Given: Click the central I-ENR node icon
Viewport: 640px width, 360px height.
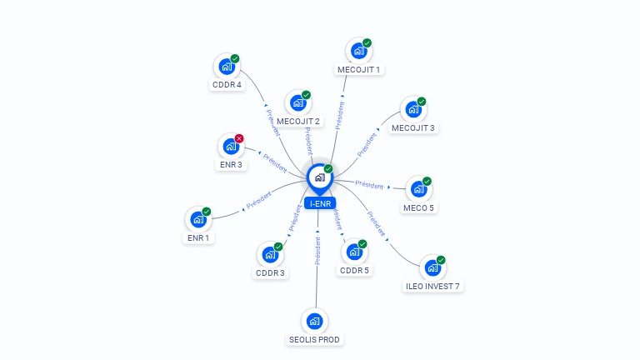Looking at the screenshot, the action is tap(320, 177).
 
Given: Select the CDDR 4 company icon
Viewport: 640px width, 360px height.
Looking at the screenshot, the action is tap(227, 67).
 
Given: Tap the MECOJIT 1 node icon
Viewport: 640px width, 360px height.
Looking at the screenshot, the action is tap(359, 51).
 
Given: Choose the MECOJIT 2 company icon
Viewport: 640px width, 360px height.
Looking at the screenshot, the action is tap(297, 103).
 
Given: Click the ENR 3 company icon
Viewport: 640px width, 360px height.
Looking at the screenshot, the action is tap(231, 147).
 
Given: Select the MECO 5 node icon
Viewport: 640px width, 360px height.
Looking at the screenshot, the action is tap(418, 189).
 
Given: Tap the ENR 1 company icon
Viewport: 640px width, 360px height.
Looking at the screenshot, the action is tap(197, 220).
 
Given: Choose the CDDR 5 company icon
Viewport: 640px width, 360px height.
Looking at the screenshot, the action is tap(353, 252).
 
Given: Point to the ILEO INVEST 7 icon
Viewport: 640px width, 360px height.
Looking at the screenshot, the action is tap(432, 268).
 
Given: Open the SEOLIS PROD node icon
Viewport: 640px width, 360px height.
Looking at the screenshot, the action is tap(314, 321).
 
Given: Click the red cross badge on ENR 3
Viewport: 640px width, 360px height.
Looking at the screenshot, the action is tap(239, 138).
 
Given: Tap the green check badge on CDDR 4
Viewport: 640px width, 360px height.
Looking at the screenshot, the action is tap(235, 58).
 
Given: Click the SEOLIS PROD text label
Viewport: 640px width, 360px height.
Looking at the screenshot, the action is tap(315, 339).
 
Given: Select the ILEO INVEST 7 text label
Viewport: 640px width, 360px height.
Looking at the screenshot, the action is tap(432, 287).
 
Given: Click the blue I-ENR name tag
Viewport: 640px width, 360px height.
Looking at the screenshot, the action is tap(320, 203).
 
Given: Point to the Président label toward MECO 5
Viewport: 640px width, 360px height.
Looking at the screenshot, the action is tap(369, 184).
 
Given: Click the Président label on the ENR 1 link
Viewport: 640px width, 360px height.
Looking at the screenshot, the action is tap(258, 200).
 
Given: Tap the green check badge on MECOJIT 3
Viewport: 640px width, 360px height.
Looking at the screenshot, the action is tap(422, 102).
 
